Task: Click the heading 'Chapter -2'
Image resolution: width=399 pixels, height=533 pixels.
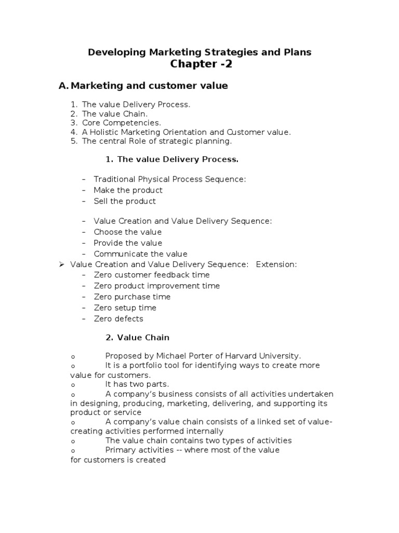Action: [x=200, y=64]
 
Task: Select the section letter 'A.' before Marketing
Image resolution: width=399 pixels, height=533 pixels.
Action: [x=63, y=86]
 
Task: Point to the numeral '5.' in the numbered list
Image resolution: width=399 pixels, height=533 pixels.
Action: [x=74, y=141]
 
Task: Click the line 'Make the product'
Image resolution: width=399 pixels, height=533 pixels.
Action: [x=128, y=190]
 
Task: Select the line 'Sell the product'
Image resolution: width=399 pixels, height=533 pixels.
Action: [x=125, y=201]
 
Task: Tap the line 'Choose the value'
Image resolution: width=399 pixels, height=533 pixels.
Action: [x=127, y=232]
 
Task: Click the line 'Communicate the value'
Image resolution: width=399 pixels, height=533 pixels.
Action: [x=140, y=254]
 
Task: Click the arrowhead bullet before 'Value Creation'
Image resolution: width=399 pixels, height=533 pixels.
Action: [x=61, y=264]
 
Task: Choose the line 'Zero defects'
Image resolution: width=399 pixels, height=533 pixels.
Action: [x=118, y=319]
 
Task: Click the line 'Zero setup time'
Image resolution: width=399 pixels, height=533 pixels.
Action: [x=125, y=308]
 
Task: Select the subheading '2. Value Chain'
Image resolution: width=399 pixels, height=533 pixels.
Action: [x=137, y=337]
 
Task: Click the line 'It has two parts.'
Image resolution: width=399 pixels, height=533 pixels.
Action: [x=136, y=384]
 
